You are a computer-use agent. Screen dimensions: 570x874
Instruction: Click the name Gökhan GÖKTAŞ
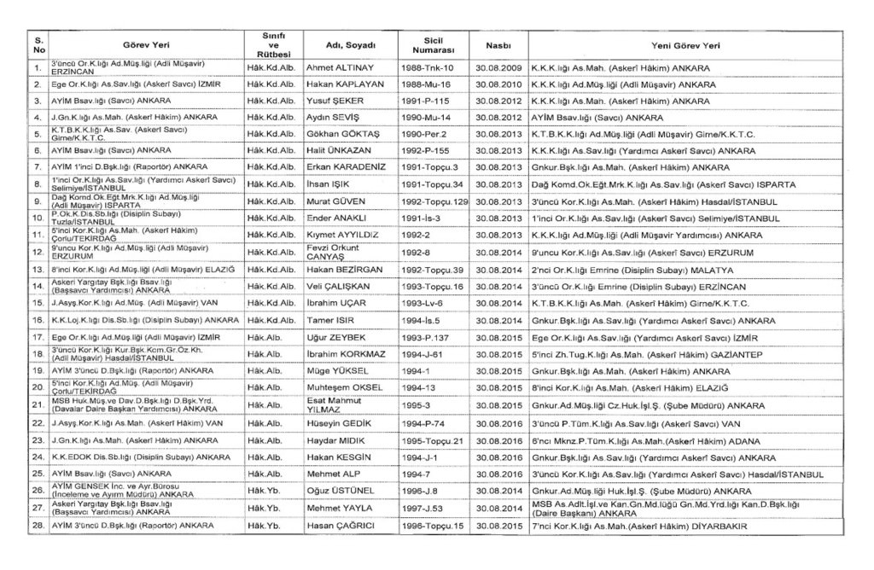pos(342,135)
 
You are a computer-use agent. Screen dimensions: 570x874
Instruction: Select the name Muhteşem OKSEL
pos(343,388)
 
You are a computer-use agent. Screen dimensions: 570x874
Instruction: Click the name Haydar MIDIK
pos(339,440)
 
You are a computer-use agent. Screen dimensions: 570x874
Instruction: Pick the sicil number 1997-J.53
pos(423,509)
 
